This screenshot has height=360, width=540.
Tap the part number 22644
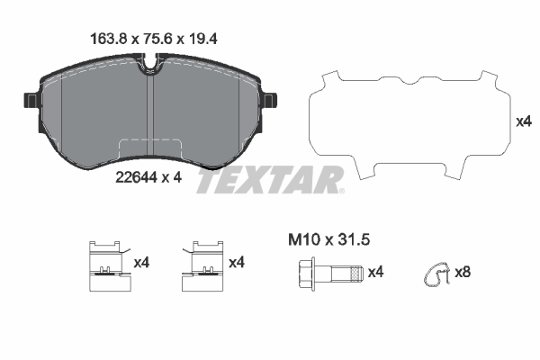click(136, 177)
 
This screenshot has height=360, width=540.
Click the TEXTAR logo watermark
click(270, 180)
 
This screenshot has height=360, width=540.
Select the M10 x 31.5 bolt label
click(328, 239)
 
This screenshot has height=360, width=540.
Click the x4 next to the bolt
click(376, 272)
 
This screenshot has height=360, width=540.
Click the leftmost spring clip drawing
click(107, 268)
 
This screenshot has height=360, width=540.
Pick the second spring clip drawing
click(203, 268)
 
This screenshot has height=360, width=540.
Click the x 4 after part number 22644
click(171, 177)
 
